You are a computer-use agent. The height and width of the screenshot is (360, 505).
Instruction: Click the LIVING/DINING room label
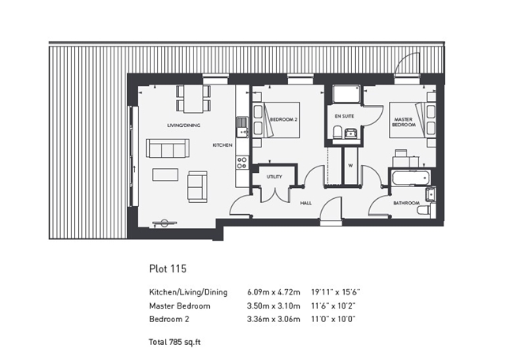click(184, 126)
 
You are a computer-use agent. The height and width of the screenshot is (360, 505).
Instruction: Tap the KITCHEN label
click(223, 145)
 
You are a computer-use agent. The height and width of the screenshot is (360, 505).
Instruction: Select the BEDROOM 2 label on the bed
click(283, 119)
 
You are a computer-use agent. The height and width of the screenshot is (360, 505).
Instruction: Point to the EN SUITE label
click(344, 116)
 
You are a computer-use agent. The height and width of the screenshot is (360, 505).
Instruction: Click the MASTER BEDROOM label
click(403, 122)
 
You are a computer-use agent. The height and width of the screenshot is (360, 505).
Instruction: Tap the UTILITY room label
click(274, 177)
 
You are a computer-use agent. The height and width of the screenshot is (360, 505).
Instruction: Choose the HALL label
click(305, 203)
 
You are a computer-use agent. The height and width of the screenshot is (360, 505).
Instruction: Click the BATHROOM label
click(406, 203)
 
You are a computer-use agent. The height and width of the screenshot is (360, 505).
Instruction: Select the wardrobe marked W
click(350, 166)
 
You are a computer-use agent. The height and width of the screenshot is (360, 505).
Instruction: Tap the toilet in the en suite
click(337, 133)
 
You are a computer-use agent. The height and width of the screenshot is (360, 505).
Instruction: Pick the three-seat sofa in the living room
click(167, 148)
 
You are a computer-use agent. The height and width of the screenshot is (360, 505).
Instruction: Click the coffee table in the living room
click(165, 174)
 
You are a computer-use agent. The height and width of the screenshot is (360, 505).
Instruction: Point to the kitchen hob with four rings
click(242, 163)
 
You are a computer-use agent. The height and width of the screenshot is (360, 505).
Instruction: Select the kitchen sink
click(242, 127)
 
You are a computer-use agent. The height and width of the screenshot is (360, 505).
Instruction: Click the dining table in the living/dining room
click(193, 99)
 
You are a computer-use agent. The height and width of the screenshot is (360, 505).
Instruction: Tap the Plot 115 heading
click(168, 268)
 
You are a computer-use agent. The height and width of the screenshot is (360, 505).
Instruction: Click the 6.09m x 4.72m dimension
click(274, 292)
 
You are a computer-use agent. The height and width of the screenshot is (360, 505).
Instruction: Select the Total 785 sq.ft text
click(174, 342)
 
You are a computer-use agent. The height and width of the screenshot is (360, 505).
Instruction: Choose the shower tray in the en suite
click(346, 94)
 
